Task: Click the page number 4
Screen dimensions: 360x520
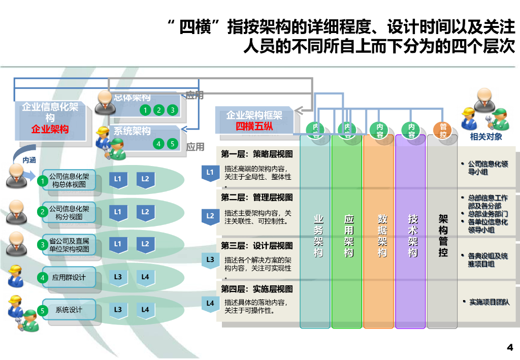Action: [510, 348]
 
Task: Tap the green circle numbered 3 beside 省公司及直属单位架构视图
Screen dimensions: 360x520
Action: [43, 245]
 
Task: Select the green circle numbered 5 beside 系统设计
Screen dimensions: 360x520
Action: [43, 310]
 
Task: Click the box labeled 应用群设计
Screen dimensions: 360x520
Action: [69, 278]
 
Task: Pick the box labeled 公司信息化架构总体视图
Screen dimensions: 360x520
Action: [69, 180]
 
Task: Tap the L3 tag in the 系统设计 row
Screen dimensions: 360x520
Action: [118, 310]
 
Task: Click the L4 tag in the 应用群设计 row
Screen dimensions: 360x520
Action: [145, 277]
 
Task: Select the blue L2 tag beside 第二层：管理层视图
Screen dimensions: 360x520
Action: [210, 216]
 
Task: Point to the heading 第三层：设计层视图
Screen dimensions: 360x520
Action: [256, 246]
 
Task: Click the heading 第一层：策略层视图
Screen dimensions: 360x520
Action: [256, 154]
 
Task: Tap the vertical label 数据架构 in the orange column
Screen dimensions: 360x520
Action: [382, 236]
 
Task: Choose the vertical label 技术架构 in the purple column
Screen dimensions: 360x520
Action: [413, 236]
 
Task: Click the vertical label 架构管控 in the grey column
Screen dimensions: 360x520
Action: [443, 236]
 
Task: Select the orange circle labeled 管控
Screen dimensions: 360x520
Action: [443, 130]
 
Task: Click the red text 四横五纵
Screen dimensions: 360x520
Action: [254, 126]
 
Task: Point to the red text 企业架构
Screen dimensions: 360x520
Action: [50, 129]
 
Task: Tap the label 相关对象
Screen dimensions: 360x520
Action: [486, 137]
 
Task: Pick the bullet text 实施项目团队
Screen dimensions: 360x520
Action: [489, 302]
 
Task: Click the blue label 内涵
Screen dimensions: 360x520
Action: [29, 160]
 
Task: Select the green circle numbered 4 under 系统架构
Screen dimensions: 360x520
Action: [159, 144]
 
